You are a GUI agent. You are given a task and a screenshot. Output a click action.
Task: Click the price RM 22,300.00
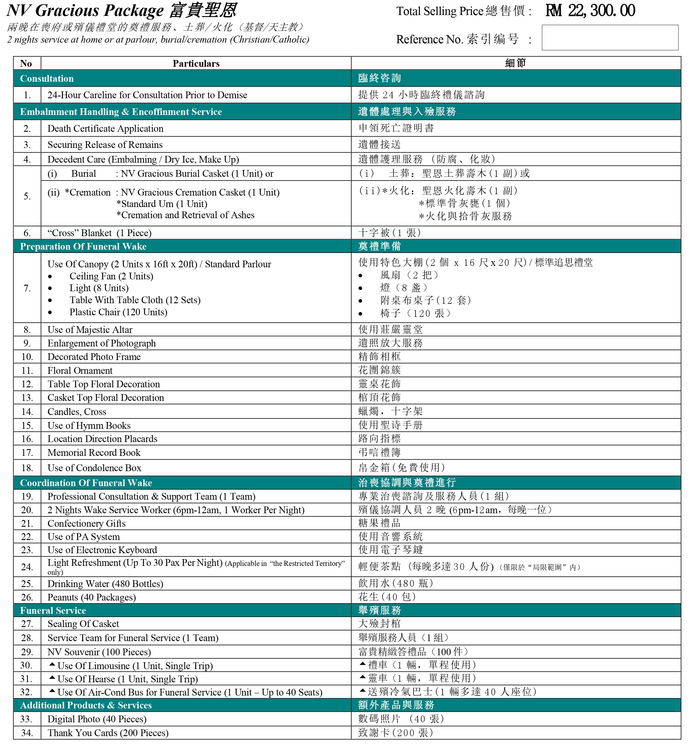pyautogui.click(x=590, y=11)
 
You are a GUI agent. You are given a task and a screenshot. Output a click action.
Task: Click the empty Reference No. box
pyautogui.click(x=609, y=38)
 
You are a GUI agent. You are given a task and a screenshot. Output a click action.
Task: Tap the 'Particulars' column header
pyautogui.click(x=196, y=64)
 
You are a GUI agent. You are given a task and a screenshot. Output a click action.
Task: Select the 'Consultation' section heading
pyautogui.click(x=47, y=79)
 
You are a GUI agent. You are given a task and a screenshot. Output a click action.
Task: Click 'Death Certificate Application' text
pyautogui.click(x=105, y=129)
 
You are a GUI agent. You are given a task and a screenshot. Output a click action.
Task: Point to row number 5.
pyautogui.click(x=27, y=196)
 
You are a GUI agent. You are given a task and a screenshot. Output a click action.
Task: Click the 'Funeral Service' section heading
pyautogui.click(x=53, y=610)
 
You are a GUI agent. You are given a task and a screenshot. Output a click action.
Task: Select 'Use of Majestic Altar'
pyautogui.click(x=90, y=330)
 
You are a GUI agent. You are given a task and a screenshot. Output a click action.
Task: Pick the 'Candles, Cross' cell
pyautogui.click(x=77, y=411)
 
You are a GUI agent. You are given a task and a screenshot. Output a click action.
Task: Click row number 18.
pyautogui.click(x=27, y=468)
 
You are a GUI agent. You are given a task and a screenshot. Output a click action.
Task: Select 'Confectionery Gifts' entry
pyautogui.click(x=86, y=523)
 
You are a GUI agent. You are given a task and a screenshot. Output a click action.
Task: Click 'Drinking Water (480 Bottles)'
pyautogui.click(x=105, y=583)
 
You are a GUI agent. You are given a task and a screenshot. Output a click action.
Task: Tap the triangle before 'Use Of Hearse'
pyautogui.click(x=52, y=678)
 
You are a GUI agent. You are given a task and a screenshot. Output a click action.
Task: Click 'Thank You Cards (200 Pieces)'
pyautogui.click(x=108, y=733)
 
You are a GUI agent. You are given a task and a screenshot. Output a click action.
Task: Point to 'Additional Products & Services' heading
pyautogui.click(x=86, y=705)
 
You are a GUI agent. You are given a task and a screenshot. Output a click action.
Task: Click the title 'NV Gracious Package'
pyautogui.click(x=85, y=11)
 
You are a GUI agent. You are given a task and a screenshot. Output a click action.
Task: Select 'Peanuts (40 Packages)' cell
pyautogui.click(x=92, y=597)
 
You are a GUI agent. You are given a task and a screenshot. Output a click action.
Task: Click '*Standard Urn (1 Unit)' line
pyautogui.click(x=162, y=204)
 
